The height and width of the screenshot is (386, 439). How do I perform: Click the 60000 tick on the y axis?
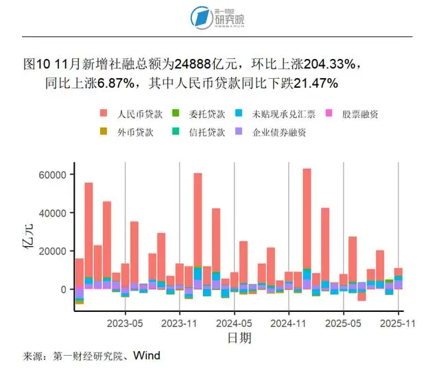click(52, 175)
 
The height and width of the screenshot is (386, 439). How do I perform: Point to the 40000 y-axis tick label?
click(52, 213)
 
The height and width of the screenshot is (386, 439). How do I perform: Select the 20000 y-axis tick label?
click(52, 251)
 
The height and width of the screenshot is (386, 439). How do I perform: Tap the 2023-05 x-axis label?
click(125, 322)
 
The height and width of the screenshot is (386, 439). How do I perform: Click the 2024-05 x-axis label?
click(235, 322)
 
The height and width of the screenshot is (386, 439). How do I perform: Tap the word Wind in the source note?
click(147, 356)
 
